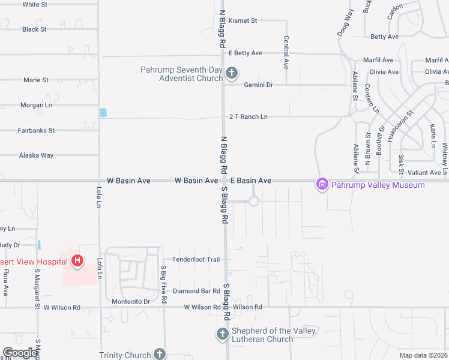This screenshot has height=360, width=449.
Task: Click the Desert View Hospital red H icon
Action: pos(77,260)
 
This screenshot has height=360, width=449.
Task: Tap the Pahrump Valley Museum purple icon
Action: pos(322,184)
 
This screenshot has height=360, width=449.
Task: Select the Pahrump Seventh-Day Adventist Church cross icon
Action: pos(232,74)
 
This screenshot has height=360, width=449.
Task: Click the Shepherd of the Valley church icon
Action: pos(222,334)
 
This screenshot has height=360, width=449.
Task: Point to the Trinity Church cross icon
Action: pos(159,354)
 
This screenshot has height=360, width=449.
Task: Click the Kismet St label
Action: pos(243,20)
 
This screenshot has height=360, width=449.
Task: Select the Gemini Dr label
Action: pos(258,85)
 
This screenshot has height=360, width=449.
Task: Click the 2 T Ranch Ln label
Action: pos(248,116)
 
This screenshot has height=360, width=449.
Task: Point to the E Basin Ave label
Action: pos(251,180)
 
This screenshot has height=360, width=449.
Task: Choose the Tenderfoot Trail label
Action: pos(196,259)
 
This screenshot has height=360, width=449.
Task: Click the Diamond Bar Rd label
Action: pos(196,291)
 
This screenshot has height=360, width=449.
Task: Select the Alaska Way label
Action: pos(36,155)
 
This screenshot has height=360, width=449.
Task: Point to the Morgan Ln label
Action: pos(36,104)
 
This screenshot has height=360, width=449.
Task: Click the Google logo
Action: pos(20,353)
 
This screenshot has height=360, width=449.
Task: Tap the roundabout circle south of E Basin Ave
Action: pos(253,201)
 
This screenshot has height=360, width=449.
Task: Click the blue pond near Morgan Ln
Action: pos(103,112)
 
